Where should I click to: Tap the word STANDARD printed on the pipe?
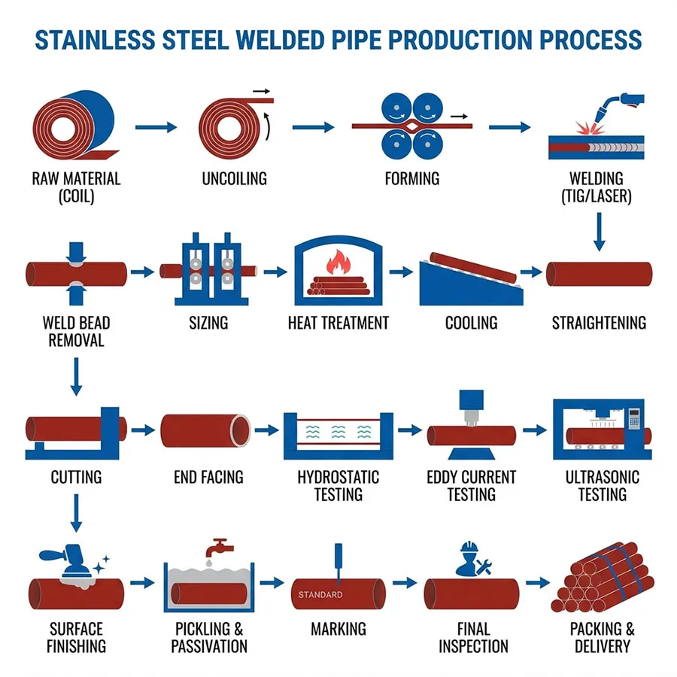(x=320, y=594)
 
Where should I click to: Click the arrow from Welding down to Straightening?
(x=600, y=232)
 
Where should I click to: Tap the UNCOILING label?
(x=234, y=179)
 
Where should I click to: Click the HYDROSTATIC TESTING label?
(x=338, y=486)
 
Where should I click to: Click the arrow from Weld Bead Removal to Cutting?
(x=75, y=376)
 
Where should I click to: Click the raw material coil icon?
(x=72, y=126)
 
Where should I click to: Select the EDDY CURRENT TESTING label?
(x=472, y=486)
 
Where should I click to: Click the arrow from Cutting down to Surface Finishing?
(x=75, y=519)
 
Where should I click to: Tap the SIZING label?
(x=208, y=323)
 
